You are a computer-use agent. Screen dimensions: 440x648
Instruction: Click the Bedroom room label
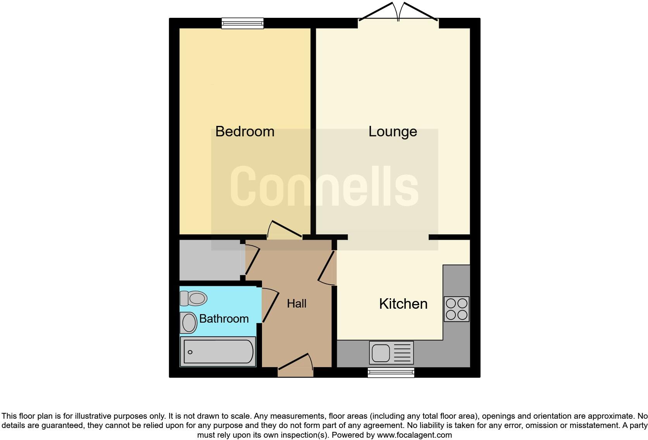click(245, 132)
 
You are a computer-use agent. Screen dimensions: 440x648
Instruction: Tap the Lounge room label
click(392, 132)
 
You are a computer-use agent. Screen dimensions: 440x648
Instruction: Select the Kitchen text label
click(403, 304)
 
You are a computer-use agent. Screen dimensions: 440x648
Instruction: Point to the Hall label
click(296, 304)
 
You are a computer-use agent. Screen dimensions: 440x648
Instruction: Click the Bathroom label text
click(224, 319)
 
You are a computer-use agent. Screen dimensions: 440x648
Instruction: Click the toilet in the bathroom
click(193, 299)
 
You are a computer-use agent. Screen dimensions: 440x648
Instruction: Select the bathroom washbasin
click(189, 323)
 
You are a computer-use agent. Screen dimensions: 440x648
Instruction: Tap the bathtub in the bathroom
click(218, 352)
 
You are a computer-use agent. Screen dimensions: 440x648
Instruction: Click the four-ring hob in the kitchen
click(456, 309)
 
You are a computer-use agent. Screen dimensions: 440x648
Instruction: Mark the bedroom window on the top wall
click(243, 23)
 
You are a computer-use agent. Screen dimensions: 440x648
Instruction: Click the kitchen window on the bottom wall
click(391, 373)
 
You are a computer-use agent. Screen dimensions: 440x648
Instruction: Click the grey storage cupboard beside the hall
click(210, 260)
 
